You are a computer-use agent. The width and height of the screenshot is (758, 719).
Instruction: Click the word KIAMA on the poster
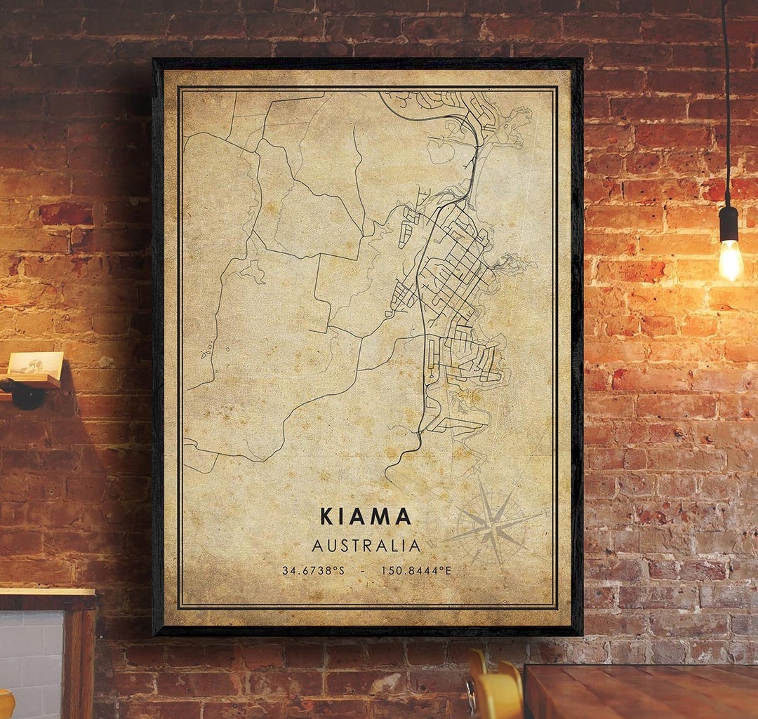[x=366, y=516]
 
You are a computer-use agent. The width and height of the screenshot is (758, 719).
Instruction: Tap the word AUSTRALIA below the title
[x=366, y=546]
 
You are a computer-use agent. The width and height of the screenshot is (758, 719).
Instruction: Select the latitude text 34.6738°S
[x=313, y=570]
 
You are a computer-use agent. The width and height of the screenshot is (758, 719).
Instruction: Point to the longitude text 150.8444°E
[x=416, y=570]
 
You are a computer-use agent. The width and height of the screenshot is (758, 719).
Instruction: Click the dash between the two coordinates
[x=363, y=570]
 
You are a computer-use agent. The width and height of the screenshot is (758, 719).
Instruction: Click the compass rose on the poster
[x=493, y=523]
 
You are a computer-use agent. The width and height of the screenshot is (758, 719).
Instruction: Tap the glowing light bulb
[x=730, y=260]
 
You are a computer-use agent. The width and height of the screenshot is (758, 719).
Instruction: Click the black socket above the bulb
[x=729, y=224]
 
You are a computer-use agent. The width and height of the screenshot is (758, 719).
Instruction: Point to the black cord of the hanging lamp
[x=726, y=105]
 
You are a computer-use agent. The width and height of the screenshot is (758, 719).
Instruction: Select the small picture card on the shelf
[x=35, y=363]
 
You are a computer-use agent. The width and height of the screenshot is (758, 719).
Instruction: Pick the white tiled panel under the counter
[x=32, y=666]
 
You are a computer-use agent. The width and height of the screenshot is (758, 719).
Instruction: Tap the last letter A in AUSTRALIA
[x=415, y=546]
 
